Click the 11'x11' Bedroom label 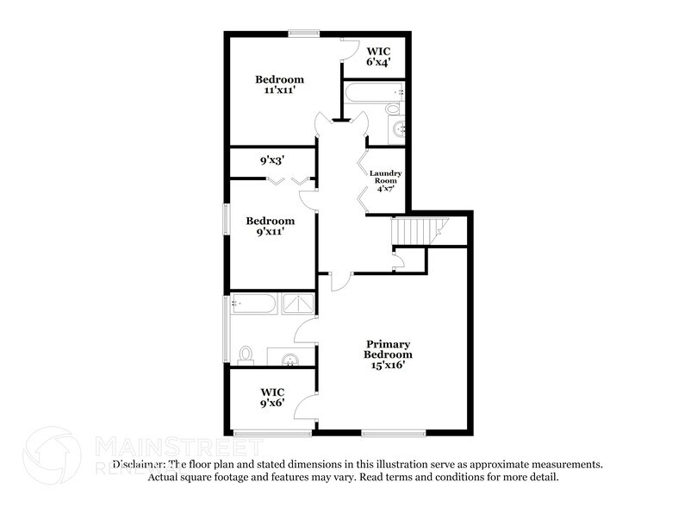tap(279, 85)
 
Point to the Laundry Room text tap(385, 180)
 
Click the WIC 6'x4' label tap(379, 56)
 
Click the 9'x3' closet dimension tap(272, 160)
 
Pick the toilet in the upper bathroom tap(393, 110)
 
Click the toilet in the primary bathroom tap(246, 354)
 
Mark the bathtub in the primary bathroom tap(252, 304)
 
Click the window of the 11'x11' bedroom tap(303, 34)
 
